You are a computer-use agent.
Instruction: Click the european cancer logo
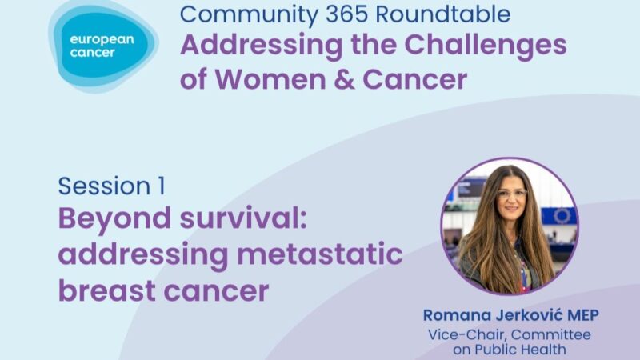click(103, 46)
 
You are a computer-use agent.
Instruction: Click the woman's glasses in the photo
click(512, 194)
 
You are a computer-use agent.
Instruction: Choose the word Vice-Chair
click(477, 334)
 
